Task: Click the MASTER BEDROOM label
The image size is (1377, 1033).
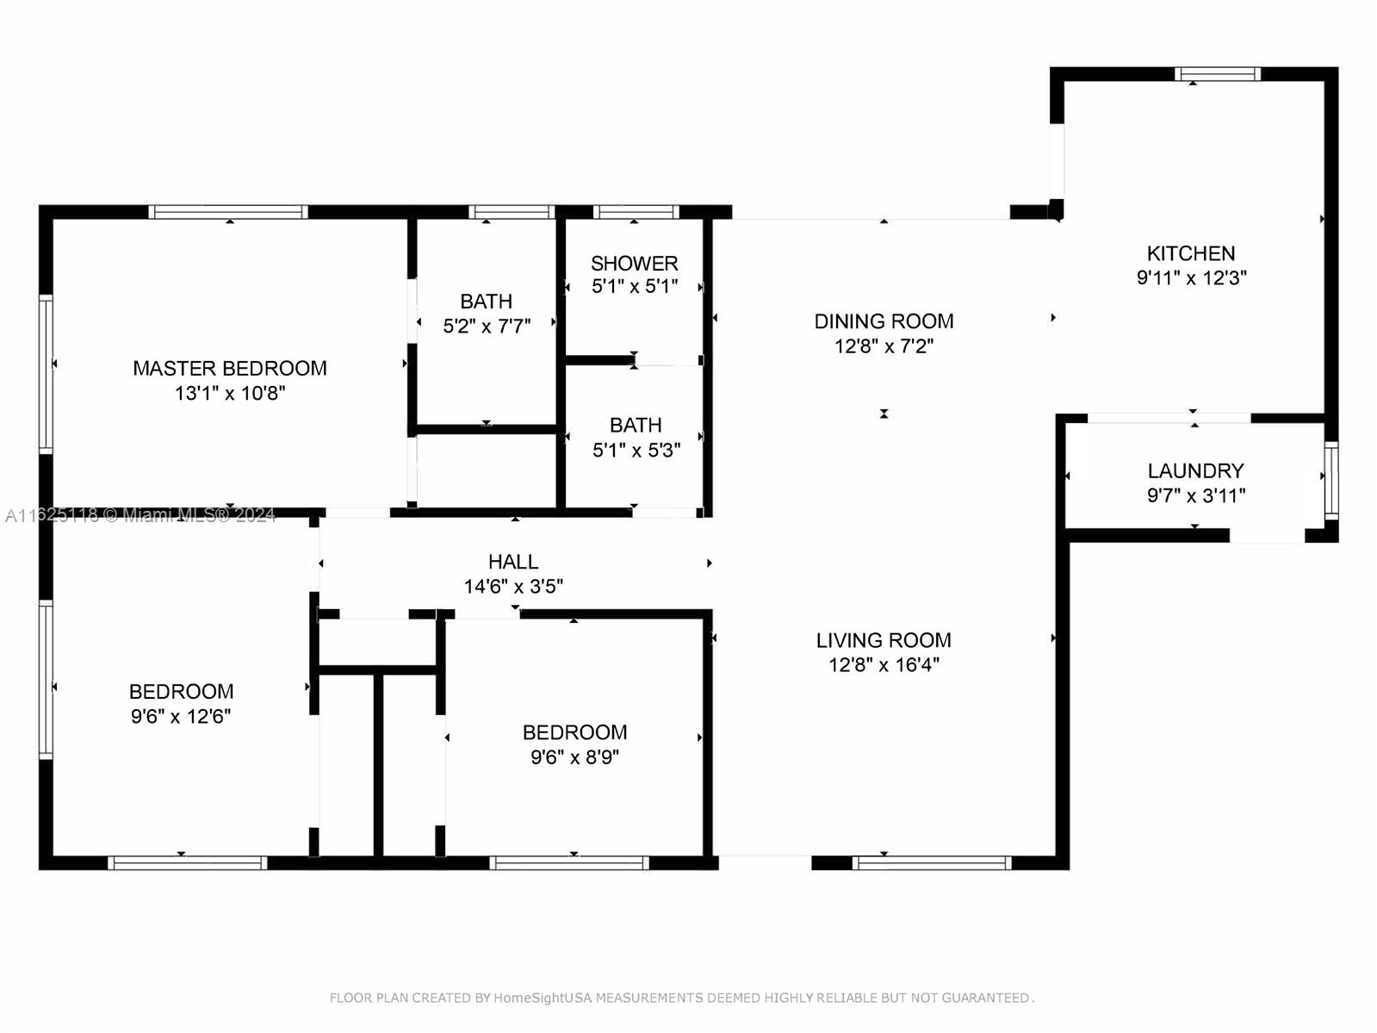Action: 230,368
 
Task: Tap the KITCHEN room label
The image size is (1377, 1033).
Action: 1191,253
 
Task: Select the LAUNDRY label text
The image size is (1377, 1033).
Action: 1195,470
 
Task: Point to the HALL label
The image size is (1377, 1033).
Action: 513,562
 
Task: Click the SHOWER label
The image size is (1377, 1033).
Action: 634,263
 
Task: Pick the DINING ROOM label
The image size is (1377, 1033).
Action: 884,321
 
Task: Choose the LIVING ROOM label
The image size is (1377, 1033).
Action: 884,640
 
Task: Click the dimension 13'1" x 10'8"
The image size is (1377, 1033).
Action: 230,394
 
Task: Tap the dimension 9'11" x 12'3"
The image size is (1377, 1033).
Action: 1191,278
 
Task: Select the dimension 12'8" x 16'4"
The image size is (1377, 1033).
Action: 884,664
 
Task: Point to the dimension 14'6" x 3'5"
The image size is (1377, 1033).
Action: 513,587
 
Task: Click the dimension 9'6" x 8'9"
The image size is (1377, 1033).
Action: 574,756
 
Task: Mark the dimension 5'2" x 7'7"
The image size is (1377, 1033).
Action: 487,327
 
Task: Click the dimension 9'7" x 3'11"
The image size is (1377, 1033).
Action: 1196,495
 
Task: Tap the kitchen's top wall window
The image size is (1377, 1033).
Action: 1217,74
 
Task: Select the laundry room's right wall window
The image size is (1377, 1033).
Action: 1330,481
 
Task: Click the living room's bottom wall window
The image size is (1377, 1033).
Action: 932,862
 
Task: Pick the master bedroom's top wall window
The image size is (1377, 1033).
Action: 228,211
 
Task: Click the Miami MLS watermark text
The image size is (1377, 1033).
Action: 140,515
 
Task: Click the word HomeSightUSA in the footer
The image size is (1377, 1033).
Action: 543,998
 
